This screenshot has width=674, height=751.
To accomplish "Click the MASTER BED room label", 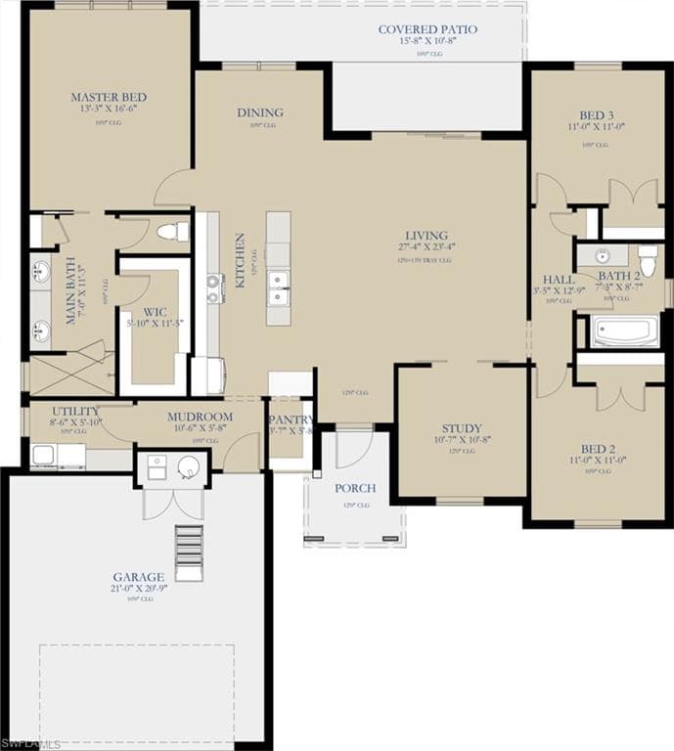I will [x=109, y=97].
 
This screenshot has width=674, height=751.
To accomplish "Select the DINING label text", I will [x=260, y=112].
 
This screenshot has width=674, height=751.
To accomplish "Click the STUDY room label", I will [x=461, y=428].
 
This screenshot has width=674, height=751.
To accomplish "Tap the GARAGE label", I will [x=138, y=577].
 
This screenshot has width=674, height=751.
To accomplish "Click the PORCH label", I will [x=355, y=488].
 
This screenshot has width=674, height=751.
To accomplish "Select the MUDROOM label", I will [x=200, y=417].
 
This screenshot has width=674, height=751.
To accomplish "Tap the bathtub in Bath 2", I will [x=625, y=331].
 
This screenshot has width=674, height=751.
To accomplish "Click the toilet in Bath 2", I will [x=648, y=260].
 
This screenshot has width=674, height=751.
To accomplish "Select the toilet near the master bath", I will [x=173, y=232].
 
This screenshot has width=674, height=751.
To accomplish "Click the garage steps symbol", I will [x=189, y=553].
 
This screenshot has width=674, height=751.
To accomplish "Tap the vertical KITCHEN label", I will [x=240, y=260].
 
